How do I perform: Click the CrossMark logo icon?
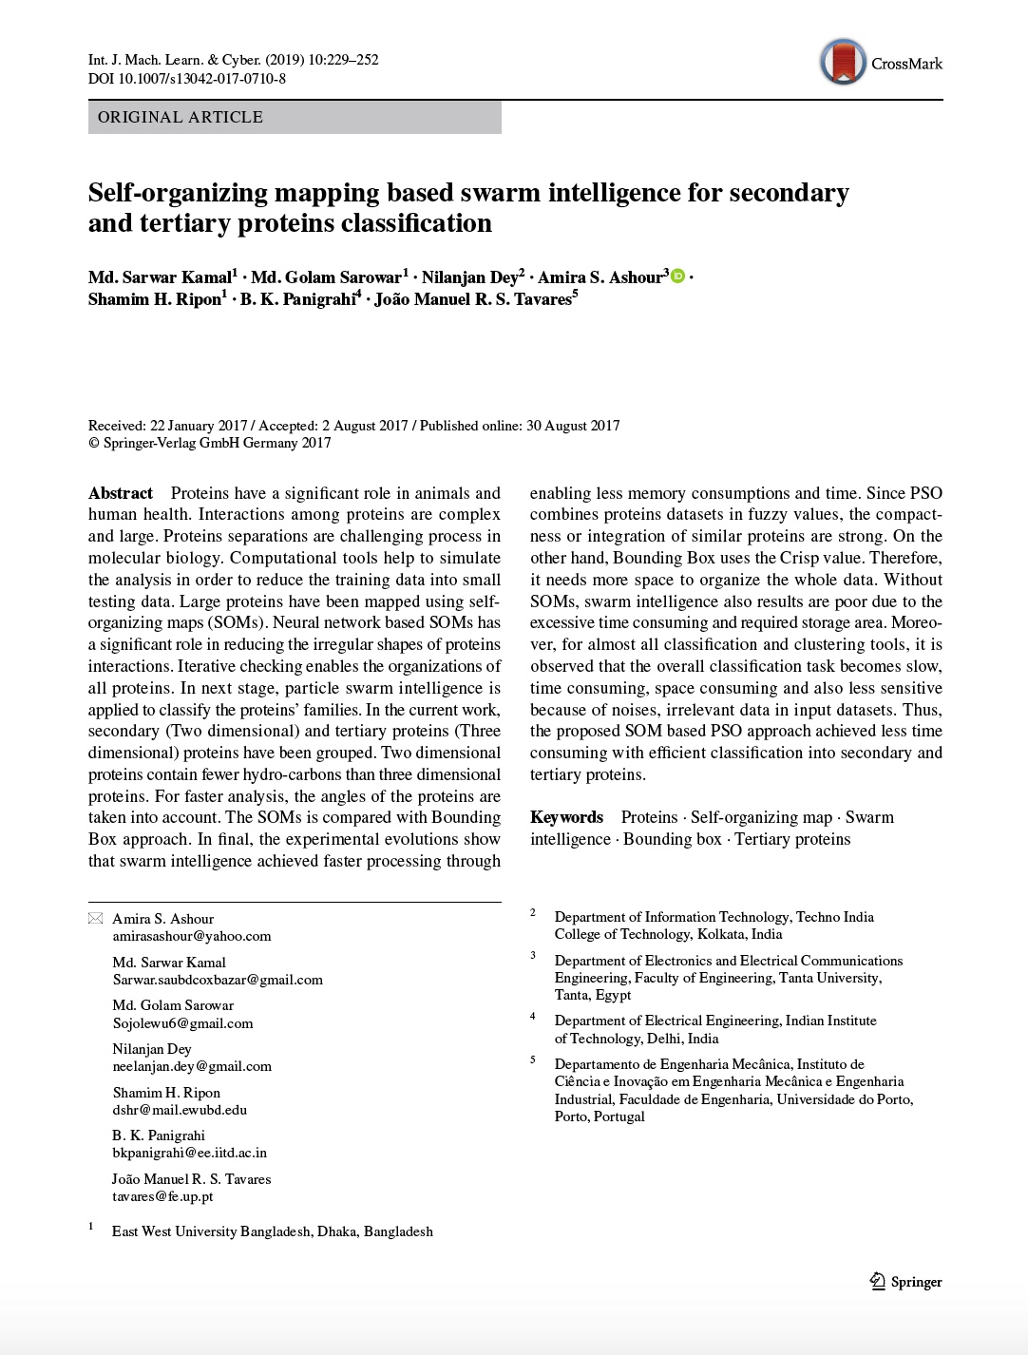pos(842,63)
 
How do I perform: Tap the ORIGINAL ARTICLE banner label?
pos(181,117)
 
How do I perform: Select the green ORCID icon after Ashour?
pos(677,277)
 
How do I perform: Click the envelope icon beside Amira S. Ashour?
pos(95,919)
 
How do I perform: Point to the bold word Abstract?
pos(121,493)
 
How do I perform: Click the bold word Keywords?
pos(566,817)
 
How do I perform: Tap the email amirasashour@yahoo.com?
pos(192,936)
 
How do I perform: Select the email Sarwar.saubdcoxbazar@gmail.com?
pos(218,980)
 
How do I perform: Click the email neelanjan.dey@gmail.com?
pos(192,1066)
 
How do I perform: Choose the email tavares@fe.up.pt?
pos(162,1196)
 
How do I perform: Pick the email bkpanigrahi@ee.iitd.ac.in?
pos(189,1153)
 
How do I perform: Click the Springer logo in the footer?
pos(905,1282)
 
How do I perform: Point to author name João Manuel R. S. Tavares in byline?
pos(472,299)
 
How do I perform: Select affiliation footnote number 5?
pos(533,1060)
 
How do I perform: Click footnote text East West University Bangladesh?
pos(272,1231)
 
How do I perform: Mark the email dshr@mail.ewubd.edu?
pos(180,1110)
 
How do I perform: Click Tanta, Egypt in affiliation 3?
pos(593,995)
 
